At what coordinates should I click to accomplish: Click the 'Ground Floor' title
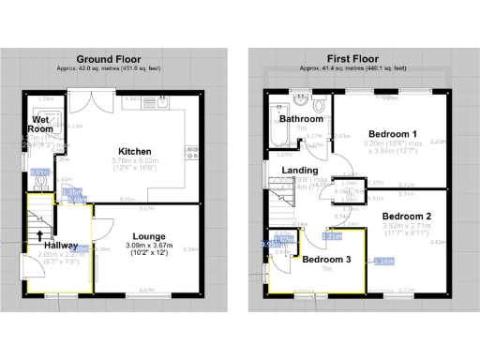tap(115, 57)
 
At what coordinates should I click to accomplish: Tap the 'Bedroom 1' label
tap(393, 133)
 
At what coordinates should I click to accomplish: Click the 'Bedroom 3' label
tap(327, 259)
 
